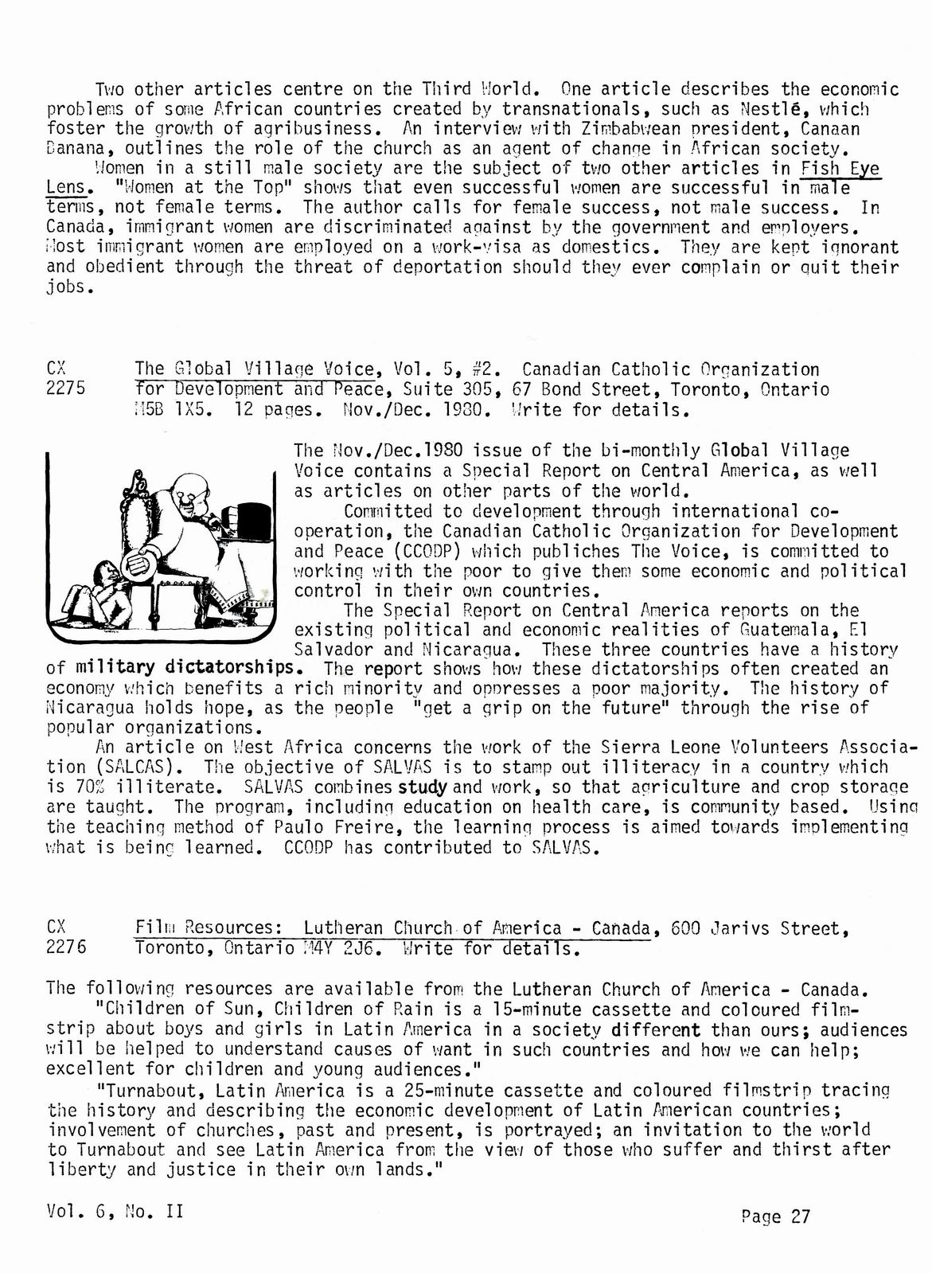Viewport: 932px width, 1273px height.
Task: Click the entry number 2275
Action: click(x=66, y=389)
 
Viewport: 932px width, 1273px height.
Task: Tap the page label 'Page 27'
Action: click(x=775, y=1216)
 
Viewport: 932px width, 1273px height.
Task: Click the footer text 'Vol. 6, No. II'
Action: click(x=115, y=1211)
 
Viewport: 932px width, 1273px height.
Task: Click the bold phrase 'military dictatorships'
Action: click(x=187, y=669)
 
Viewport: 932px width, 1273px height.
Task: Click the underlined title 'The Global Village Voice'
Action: click(x=255, y=369)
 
